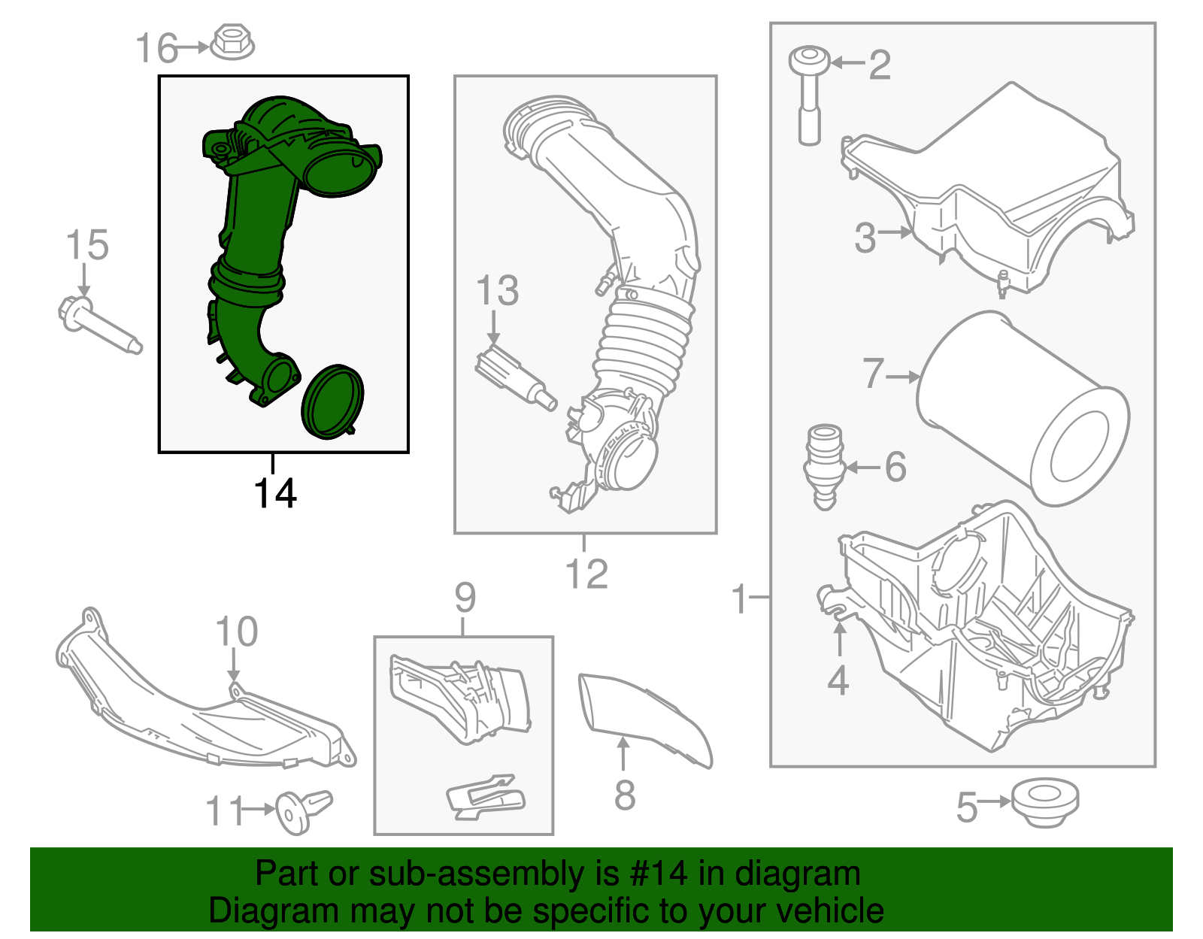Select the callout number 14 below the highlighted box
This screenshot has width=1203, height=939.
pos(275,494)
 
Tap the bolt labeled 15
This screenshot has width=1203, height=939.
pos(98,325)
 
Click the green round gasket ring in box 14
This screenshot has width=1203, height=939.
pos(332,401)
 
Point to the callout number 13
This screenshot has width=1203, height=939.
pos(498,291)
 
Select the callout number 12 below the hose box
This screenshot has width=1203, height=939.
pos(586,575)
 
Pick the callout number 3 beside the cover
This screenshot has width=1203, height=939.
pos(865,237)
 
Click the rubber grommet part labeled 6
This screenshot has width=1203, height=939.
pos(825,466)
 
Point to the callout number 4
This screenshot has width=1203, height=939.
pos(838,680)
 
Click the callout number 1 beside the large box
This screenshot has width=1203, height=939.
pos(740,599)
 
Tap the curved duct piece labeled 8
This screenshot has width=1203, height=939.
pos(645,718)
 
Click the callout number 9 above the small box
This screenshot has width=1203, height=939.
pos(465,598)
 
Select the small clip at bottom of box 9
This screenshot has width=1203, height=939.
pos(486,796)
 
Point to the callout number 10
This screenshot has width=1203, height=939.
pos(236,632)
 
